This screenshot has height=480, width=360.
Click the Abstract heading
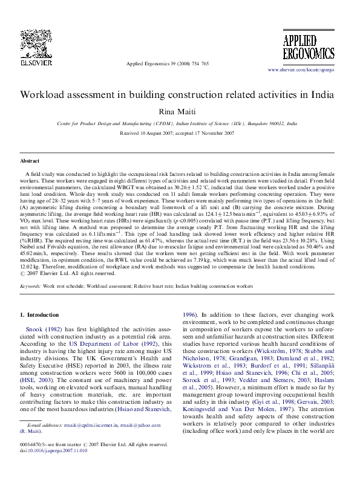point(30,161)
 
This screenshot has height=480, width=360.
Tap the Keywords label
point(30,284)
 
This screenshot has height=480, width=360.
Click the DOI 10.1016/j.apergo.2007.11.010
point(57,467)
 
